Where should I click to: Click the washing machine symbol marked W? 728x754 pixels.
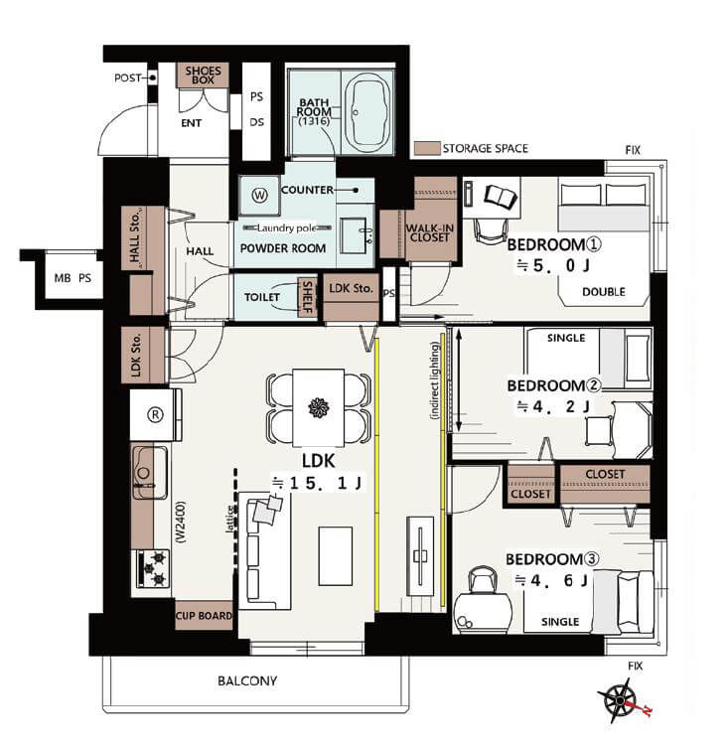click(x=259, y=196)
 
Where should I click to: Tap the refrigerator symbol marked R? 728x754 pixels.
click(x=155, y=414)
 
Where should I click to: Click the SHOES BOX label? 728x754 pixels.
click(x=203, y=75)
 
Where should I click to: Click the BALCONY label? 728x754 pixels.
click(x=247, y=680)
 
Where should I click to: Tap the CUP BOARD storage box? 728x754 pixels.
click(x=204, y=616)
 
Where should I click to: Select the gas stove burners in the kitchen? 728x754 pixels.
click(x=153, y=569)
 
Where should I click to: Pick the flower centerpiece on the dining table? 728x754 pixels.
click(x=319, y=407)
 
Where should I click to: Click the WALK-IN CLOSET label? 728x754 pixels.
click(x=429, y=232)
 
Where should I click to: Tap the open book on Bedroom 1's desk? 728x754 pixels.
click(x=501, y=197)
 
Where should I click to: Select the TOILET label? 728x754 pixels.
click(x=261, y=297)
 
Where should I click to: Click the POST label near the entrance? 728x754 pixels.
click(x=127, y=77)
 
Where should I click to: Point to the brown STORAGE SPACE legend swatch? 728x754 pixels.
click(x=427, y=148)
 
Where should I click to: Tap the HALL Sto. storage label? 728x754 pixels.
click(x=135, y=237)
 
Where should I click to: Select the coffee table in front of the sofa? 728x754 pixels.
click(x=335, y=555)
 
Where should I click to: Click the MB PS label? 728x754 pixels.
click(x=73, y=278)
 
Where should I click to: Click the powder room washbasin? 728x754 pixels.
click(x=355, y=235)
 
